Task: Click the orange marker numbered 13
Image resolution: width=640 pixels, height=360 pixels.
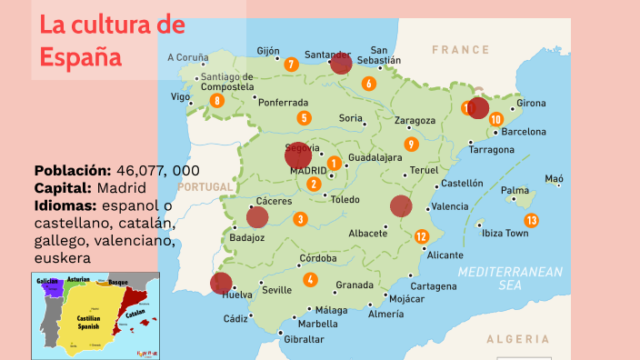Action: point(531,220)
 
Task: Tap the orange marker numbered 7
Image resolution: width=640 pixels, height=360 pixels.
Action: point(291,65)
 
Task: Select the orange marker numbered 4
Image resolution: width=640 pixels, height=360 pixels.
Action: point(311,280)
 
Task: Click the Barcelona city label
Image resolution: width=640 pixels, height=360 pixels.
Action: point(524,132)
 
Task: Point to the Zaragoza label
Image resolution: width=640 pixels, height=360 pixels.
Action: point(415,120)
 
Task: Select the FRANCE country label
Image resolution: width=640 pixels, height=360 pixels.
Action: point(460,50)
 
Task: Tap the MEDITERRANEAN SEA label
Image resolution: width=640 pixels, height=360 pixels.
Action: point(510,278)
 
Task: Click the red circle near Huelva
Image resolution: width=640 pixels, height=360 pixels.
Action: point(221,283)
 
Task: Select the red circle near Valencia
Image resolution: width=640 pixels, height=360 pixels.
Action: point(401,206)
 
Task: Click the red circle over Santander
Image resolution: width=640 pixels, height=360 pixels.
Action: point(341,63)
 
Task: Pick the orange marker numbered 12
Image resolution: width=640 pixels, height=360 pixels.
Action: point(421,236)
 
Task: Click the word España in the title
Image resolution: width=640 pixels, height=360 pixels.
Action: point(81,56)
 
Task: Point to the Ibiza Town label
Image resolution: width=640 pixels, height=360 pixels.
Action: point(505,234)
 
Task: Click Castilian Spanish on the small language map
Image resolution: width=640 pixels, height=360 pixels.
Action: point(88,319)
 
